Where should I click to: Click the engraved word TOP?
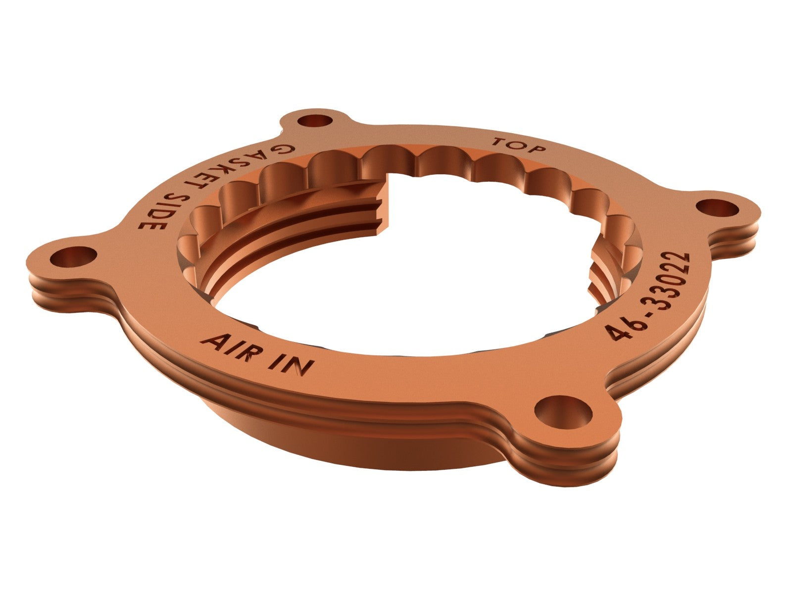click(x=519, y=146)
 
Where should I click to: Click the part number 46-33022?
click(x=648, y=296)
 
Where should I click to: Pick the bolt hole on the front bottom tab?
click(x=564, y=410)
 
